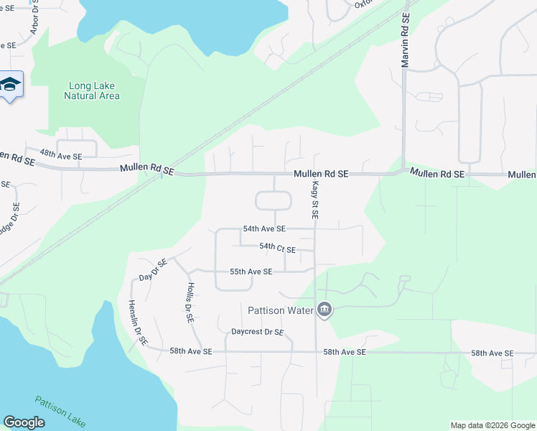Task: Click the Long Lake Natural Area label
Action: click(92, 91)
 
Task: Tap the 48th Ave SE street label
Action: click(61, 154)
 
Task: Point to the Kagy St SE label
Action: click(314, 200)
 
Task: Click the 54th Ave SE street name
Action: click(264, 228)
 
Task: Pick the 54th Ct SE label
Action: click(277, 248)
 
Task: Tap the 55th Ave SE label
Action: click(251, 272)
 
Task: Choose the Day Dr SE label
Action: click(153, 269)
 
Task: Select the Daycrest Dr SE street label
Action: click(258, 333)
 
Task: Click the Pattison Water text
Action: click(281, 310)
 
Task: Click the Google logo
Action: click(24, 422)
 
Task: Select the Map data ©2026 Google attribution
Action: click(492, 425)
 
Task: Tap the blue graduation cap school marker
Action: click(11, 86)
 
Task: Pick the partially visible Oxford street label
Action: click(366, 4)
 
